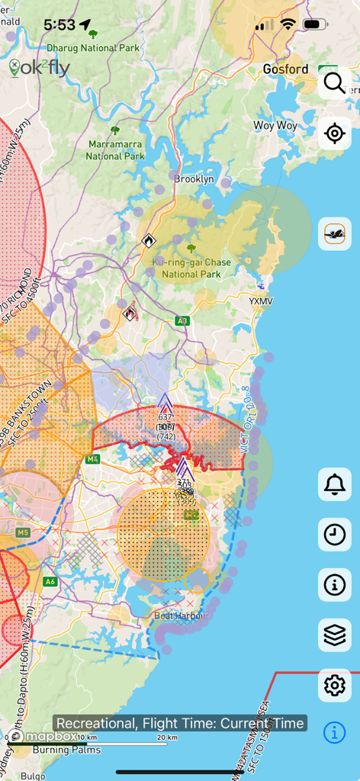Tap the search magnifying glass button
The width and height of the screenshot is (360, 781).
click(x=334, y=83)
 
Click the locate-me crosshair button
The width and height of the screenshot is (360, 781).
click(x=334, y=133)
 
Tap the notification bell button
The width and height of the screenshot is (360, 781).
click(x=334, y=484)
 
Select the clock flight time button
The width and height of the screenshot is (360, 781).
click(x=334, y=535)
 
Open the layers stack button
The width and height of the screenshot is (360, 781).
click(x=334, y=635)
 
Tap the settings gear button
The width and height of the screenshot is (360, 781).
click(x=334, y=686)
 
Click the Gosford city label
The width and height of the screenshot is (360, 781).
click(x=285, y=69)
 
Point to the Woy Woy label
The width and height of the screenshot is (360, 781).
click(x=275, y=125)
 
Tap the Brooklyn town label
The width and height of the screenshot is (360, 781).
click(x=194, y=180)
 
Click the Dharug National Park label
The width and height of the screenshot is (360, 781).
click(x=93, y=47)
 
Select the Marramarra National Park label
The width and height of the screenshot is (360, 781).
click(x=116, y=149)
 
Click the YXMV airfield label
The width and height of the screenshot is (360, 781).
click(x=260, y=301)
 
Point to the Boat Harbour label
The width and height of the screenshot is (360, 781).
click(x=182, y=615)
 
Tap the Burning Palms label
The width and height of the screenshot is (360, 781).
click(x=65, y=749)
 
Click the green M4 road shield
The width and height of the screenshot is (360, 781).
click(x=93, y=459)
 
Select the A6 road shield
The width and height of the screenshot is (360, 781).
click(x=50, y=582)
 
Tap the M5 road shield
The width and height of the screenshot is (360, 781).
click(x=22, y=532)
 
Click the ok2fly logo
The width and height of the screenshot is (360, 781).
click(x=40, y=69)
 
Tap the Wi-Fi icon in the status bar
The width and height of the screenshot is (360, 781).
click(x=288, y=24)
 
